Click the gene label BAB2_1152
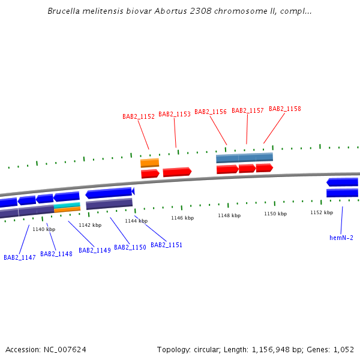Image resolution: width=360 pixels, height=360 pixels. (x=139, y=117)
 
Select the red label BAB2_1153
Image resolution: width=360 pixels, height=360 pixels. (x=175, y=114)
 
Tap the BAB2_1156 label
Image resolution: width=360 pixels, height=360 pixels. (x=211, y=112)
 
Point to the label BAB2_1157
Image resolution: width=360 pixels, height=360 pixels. (x=248, y=110)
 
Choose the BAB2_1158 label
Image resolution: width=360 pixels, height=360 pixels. (x=285, y=109)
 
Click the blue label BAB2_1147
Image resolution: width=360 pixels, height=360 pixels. (x=20, y=257)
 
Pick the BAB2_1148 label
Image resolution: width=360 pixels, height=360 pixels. (x=56, y=254)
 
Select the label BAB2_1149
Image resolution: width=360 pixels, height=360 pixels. (x=95, y=250)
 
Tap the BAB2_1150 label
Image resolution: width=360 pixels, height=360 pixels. (x=130, y=247)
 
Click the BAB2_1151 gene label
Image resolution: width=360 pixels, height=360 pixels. (x=166, y=245)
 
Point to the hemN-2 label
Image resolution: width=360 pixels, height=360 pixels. (x=341, y=238)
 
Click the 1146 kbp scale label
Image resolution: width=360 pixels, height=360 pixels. (x=182, y=218)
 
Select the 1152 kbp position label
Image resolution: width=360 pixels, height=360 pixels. (x=322, y=212)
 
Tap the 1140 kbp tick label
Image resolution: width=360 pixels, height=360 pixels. (x=44, y=229)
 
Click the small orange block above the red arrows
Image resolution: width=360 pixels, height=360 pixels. (x=150, y=163)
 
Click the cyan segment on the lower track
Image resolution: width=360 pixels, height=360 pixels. (x=67, y=205)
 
